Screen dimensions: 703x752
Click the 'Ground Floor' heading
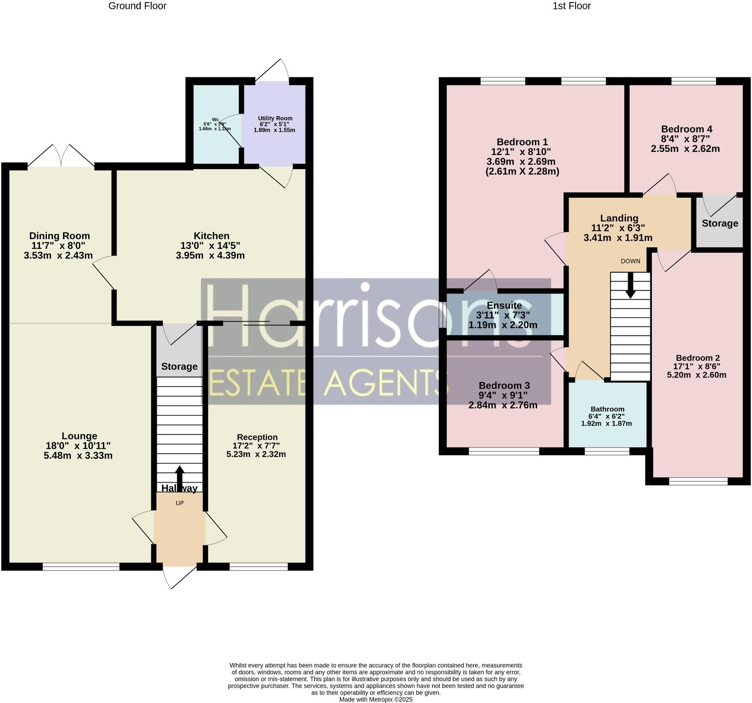pyautogui.click(x=137, y=6)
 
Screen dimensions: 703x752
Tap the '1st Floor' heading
pyautogui.click(x=571, y=6)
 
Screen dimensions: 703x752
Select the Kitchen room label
pyautogui.click(x=211, y=236)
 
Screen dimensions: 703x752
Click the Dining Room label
pyautogui.click(x=59, y=236)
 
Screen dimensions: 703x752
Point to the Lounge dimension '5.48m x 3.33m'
pyautogui.click(x=78, y=455)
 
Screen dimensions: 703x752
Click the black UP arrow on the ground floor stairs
pyautogui.click(x=179, y=475)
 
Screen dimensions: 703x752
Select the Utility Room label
pyautogui.click(x=275, y=118)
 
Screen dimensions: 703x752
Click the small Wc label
pyautogui.click(x=215, y=120)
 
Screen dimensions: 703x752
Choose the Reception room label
pyautogui.click(x=257, y=437)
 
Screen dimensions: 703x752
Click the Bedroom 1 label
pyautogui.click(x=522, y=142)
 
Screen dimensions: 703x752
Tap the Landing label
pyautogui.click(x=619, y=218)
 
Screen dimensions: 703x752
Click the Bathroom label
pyautogui.click(x=607, y=409)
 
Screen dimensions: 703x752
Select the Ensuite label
pyautogui.click(x=504, y=305)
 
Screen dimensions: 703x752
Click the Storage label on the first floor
pyautogui.click(x=720, y=223)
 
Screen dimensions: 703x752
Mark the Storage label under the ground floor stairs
pyautogui.click(x=179, y=366)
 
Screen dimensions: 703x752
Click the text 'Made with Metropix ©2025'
pyautogui.click(x=376, y=699)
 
